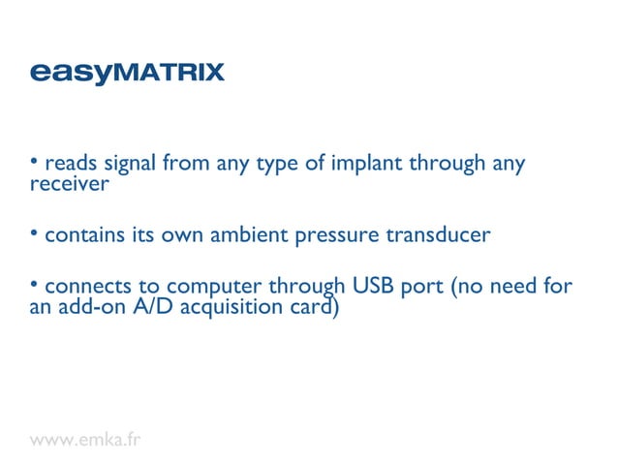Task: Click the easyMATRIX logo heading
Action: pyautogui.click(x=127, y=73)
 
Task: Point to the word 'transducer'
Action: pyautogui.click(x=437, y=236)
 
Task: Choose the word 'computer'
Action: pyautogui.click(x=215, y=290)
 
